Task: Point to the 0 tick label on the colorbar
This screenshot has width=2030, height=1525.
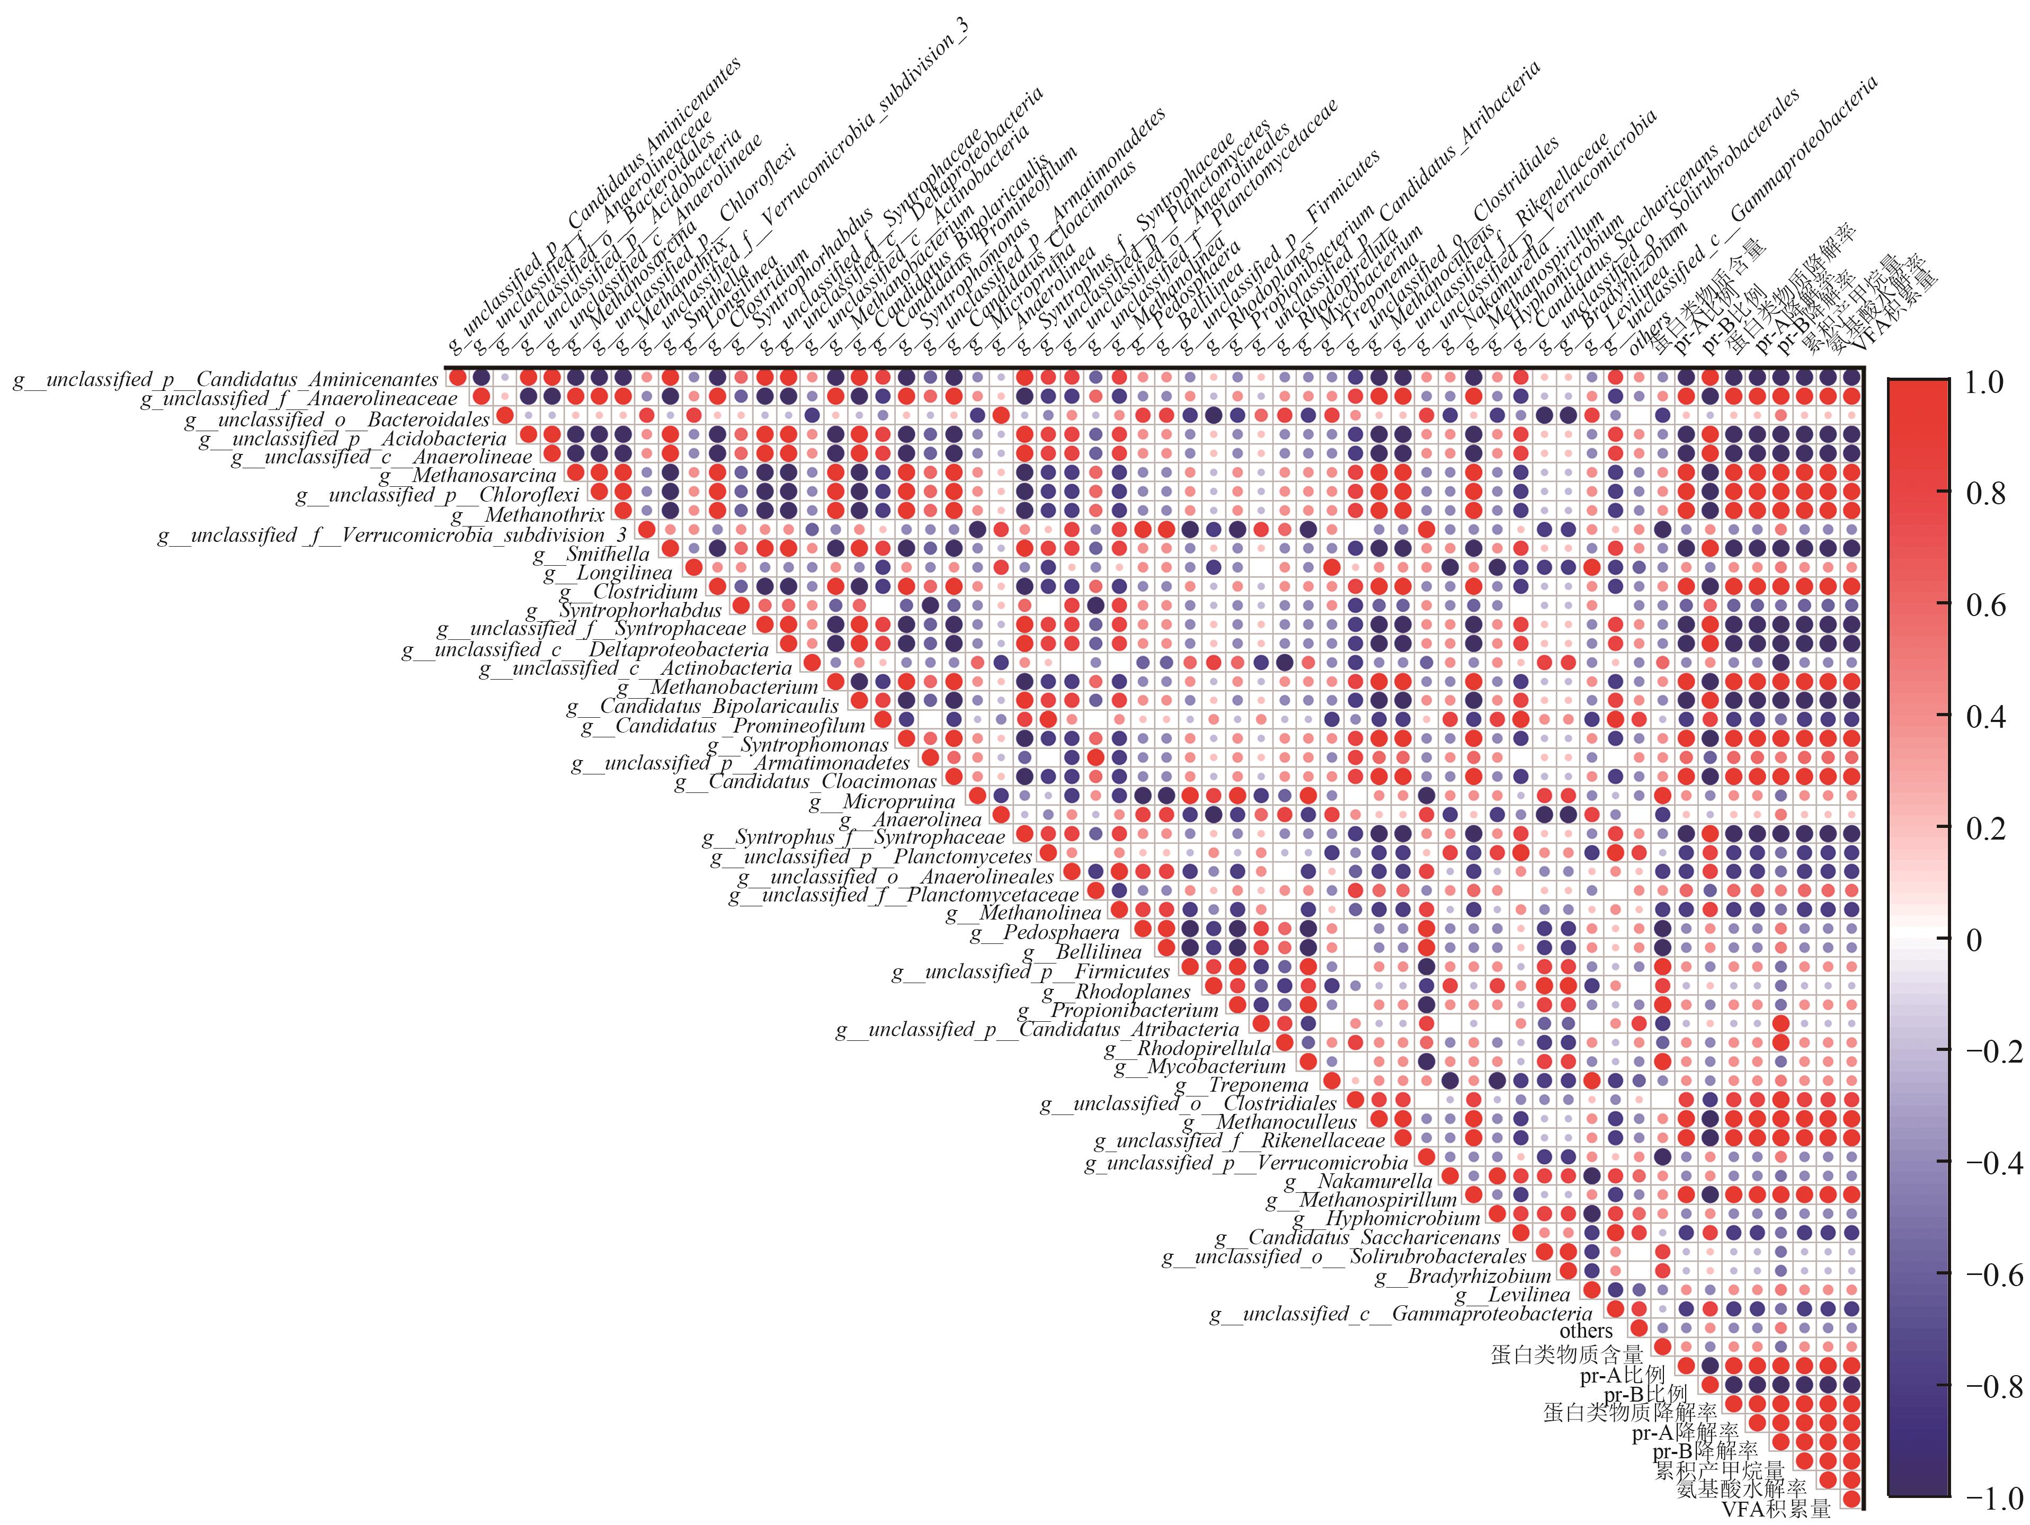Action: click(1973, 940)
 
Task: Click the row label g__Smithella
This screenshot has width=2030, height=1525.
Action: click(593, 554)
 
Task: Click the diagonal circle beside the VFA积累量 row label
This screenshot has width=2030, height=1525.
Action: click(1852, 1499)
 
